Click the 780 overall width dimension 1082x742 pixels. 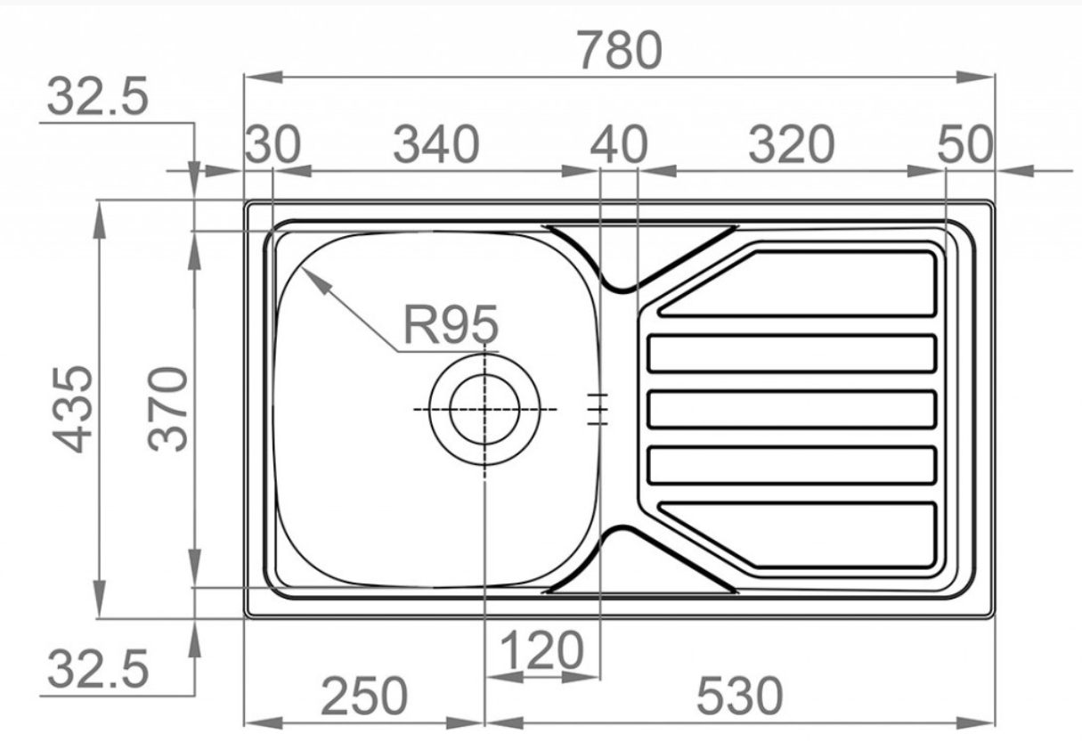point(620,50)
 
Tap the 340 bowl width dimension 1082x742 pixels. point(436,144)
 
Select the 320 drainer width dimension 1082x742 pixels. point(791,144)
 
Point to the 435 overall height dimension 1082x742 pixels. point(72,409)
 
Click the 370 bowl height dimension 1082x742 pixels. point(167,409)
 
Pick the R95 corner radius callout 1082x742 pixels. point(451,324)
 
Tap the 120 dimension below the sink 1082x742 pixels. point(541,651)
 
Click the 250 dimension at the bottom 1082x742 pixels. point(364,696)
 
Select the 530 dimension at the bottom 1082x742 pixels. point(739,696)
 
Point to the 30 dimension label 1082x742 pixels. point(273,144)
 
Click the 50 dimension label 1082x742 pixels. point(965,144)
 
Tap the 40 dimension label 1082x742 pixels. point(619,144)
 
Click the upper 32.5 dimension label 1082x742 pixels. point(98,96)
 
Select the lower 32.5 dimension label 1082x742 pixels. point(98,670)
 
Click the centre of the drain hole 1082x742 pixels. point(484,409)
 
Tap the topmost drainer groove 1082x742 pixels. point(797,284)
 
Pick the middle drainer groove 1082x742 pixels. point(792,409)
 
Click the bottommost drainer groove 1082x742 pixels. point(797,535)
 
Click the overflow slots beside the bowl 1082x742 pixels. point(598,410)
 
